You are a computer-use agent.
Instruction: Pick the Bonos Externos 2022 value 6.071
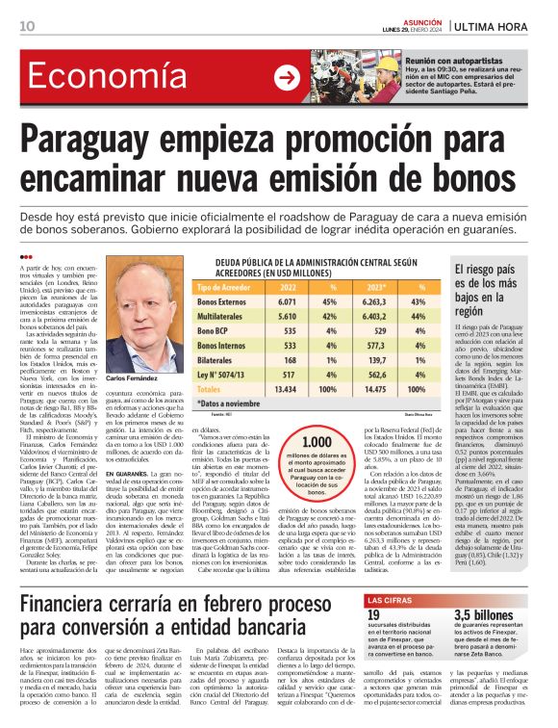[287, 301]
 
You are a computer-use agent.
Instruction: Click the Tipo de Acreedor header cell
[223, 287]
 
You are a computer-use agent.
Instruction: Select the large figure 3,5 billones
[489, 615]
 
